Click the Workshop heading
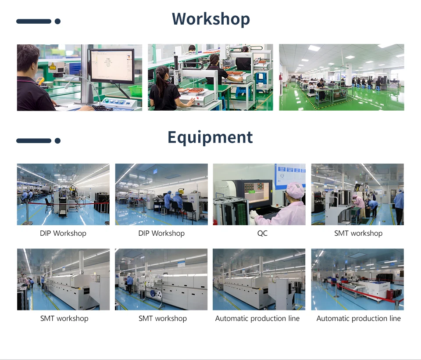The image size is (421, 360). click(x=210, y=19)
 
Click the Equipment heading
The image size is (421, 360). click(x=210, y=137)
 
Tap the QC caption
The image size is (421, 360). click(x=262, y=233)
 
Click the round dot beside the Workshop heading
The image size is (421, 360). click(x=57, y=21)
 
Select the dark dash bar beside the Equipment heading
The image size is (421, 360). click(x=34, y=140)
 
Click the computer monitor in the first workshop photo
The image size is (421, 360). click(x=112, y=66)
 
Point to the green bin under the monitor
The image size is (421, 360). click(x=135, y=90)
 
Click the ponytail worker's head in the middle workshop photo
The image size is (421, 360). click(x=162, y=73)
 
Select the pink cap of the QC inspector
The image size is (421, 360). click(x=295, y=190)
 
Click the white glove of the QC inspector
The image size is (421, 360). click(x=253, y=214)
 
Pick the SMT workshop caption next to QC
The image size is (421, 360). click(x=358, y=233)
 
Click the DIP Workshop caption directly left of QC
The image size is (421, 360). click(x=161, y=233)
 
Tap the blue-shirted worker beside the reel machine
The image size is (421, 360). click(x=130, y=281)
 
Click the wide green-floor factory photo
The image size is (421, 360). click(x=341, y=77)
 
